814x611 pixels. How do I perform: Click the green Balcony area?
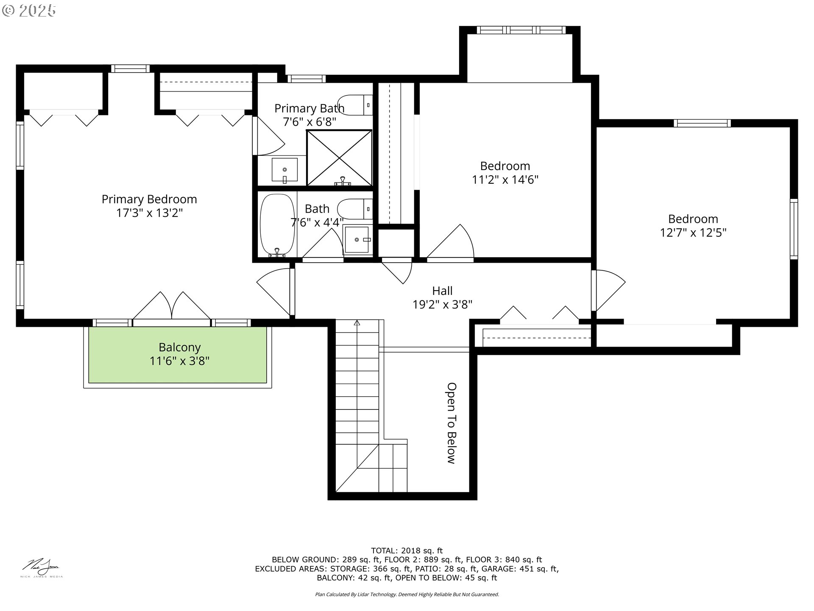[178, 354]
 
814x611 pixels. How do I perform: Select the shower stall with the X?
[339, 158]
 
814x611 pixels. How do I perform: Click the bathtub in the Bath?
[277, 225]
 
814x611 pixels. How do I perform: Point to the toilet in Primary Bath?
[355, 105]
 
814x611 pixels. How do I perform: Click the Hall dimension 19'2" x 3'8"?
[442, 304]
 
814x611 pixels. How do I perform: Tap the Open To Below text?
[452, 423]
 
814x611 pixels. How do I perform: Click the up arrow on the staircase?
[357, 323]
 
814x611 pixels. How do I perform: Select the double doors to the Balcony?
[171, 305]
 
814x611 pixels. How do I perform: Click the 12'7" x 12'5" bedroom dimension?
[693, 233]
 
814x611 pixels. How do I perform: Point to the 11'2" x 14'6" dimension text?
[505, 179]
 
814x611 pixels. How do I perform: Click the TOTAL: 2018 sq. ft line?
[407, 551]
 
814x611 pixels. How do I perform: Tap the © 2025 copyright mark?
[29, 11]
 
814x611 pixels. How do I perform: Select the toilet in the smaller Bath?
[355, 209]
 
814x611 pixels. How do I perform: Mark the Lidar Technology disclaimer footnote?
[407, 594]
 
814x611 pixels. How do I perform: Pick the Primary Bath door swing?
[268, 136]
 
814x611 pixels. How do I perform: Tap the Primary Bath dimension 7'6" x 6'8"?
[309, 122]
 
